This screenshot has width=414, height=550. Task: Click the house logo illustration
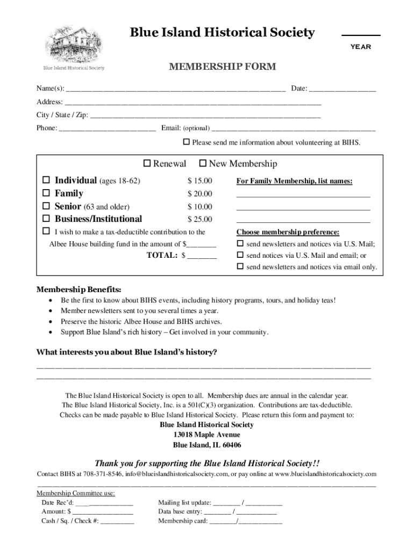pos(74,42)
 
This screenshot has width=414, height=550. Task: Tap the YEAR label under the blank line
pos(361,47)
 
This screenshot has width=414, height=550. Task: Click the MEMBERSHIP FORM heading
pos(222,67)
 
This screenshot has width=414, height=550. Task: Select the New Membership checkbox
pos(203,163)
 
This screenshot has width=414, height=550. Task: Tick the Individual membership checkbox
pos(46,180)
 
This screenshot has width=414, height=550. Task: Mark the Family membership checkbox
pos(46,193)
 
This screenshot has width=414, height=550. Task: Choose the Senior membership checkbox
pos(46,206)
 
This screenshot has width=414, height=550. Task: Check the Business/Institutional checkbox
pos(46,219)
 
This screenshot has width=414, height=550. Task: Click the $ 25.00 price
pos(199,219)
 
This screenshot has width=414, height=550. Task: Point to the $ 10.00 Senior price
pos(199,207)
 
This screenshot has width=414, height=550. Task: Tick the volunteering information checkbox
pos(187,142)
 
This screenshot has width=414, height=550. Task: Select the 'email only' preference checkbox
pos(240,266)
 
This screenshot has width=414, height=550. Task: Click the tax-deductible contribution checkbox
pos(46,232)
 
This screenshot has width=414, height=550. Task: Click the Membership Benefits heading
pos(78,289)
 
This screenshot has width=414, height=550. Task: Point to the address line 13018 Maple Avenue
pos(207,435)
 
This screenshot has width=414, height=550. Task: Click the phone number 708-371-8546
pos(102,474)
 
